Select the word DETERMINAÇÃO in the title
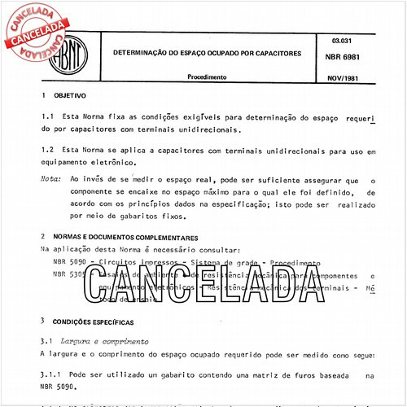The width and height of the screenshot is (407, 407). click(x=143, y=54)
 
